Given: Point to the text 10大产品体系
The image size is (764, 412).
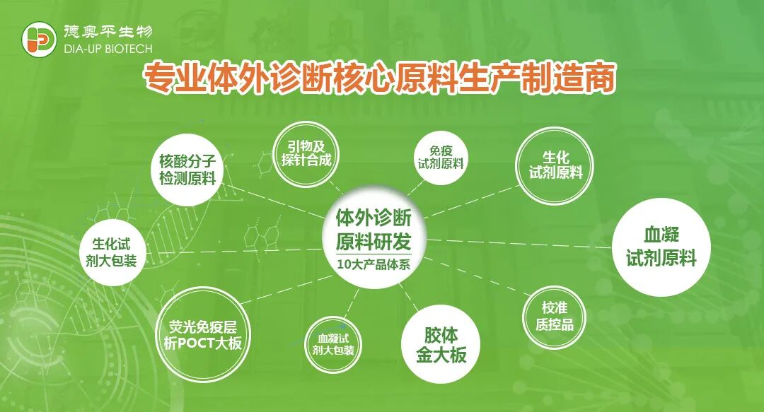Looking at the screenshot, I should (374, 265).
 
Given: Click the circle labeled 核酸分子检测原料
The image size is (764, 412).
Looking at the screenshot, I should (187, 170).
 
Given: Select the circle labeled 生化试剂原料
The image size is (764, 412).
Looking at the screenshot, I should (555, 165).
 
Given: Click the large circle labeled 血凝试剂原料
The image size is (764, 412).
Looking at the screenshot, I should (661, 245).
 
